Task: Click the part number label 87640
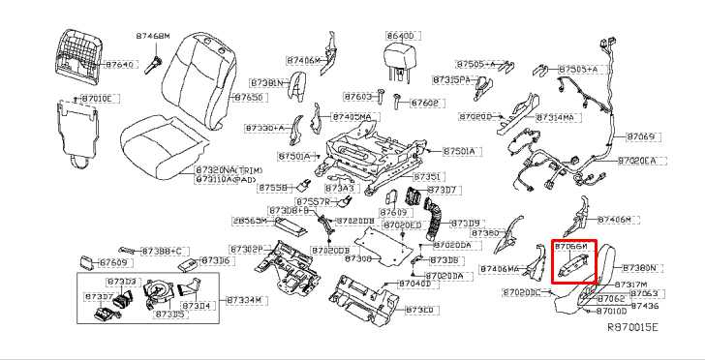pyautogui.click(x=119, y=64)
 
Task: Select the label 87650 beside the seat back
pyautogui.click(x=249, y=98)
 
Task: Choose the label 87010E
pyautogui.click(x=97, y=99)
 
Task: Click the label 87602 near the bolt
pyautogui.click(x=425, y=103)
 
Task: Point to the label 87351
pyautogui.click(x=428, y=177)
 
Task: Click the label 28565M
pyautogui.click(x=250, y=221)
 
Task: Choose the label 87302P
pyautogui.click(x=245, y=249)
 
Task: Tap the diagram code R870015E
pyautogui.click(x=632, y=328)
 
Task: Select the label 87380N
pyautogui.click(x=639, y=267)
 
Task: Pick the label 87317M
pyautogui.click(x=630, y=285)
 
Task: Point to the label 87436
pyautogui.click(x=644, y=305)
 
